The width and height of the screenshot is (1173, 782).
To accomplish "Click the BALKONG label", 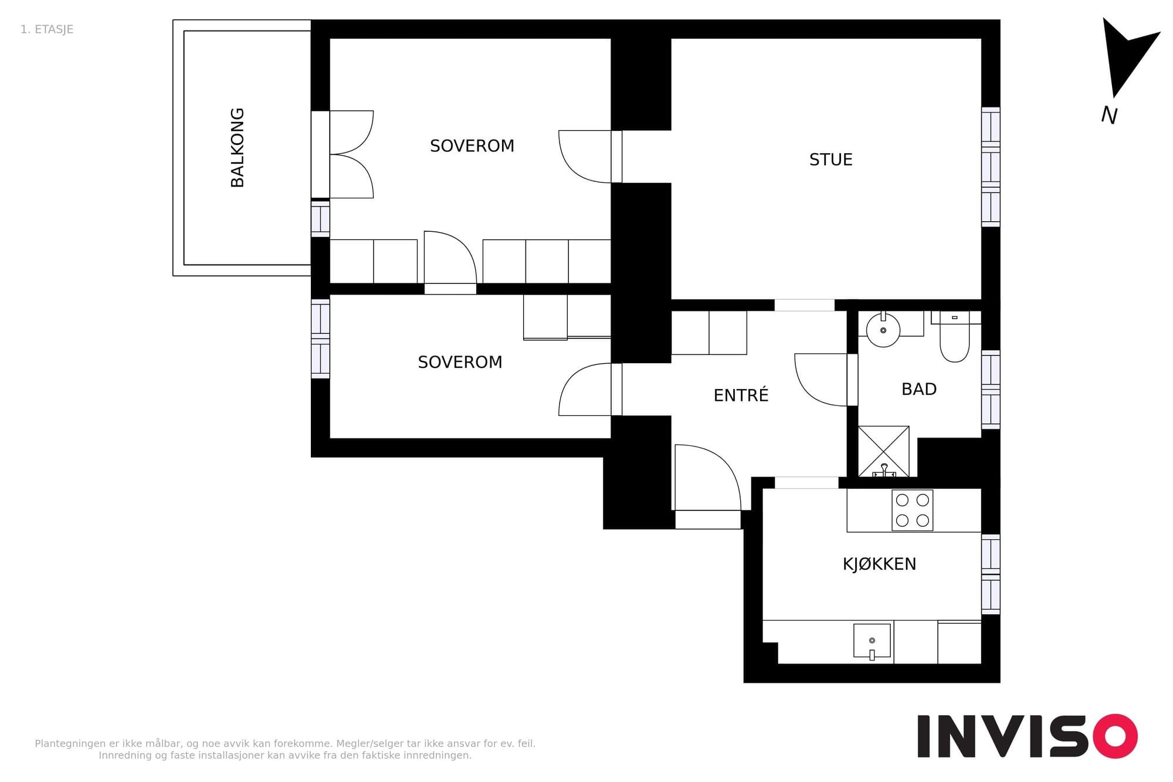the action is click(238, 148).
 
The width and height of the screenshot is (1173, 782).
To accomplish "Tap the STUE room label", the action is click(830, 160).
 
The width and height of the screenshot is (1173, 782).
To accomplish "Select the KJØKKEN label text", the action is click(879, 564).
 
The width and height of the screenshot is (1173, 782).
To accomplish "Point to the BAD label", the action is click(919, 389).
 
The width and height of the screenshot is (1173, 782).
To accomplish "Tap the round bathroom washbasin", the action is click(883, 330).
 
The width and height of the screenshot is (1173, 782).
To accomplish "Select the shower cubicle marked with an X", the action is click(883, 451).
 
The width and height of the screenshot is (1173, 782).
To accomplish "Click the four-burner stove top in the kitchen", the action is click(912, 510).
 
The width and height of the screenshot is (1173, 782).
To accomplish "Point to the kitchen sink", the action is click(872, 641).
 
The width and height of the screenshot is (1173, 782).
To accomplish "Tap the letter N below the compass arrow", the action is click(1109, 115).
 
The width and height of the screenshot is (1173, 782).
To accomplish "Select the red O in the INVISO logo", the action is click(1114, 736).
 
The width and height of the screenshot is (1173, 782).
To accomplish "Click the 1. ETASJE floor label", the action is click(47, 29).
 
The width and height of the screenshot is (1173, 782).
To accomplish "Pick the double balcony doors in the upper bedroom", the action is click(351, 154).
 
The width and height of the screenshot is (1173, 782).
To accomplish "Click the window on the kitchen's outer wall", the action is click(991, 574).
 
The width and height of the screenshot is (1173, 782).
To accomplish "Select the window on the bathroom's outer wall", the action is click(991, 390).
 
